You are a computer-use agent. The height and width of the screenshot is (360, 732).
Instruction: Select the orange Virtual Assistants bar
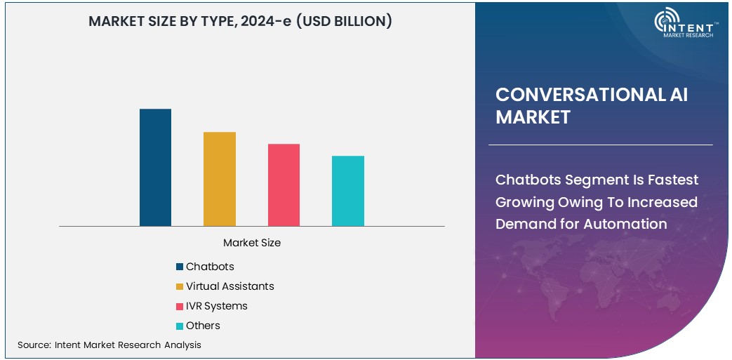point(220,179)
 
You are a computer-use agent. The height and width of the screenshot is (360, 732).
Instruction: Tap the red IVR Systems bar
point(284,185)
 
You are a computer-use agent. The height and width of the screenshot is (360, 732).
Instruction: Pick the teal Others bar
point(348,191)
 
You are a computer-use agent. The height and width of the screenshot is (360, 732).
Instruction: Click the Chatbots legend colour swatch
point(180,267)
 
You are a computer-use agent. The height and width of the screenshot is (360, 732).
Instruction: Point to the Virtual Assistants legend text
point(229,286)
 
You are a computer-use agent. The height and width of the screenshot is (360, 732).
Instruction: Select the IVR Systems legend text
point(216,306)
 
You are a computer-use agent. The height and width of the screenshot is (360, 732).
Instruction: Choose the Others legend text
point(203,326)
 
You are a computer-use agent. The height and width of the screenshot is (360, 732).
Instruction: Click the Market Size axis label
point(252,243)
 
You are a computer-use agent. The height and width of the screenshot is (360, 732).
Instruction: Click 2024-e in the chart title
point(269,22)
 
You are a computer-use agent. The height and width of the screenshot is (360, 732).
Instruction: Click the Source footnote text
point(109,345)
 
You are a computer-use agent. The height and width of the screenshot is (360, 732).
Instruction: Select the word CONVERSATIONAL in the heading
point(575,95)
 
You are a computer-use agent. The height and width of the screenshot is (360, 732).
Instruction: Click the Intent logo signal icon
point(665,22)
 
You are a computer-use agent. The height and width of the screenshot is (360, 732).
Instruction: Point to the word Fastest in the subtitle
point(673,180)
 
